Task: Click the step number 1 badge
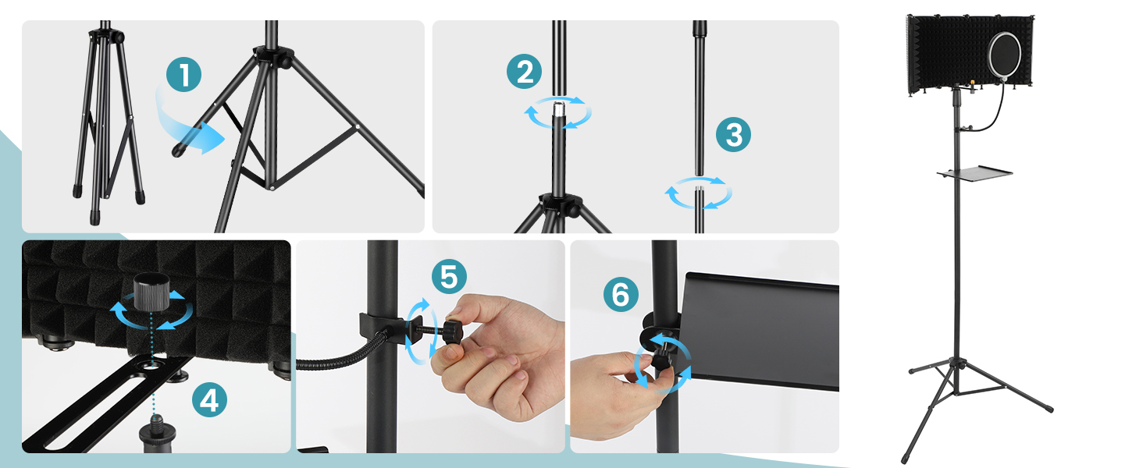(x=183, y=74)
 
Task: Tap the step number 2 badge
(x=524, y=72)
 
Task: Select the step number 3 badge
(x=733, y=135)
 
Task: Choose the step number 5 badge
(x=449, y=277)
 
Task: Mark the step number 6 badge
(x=621, y=295)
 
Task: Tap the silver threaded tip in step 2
(x=559, y=109)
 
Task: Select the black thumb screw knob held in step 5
(x=452, y=331)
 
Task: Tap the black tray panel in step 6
(x=760, y=331)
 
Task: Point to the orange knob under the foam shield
(x=972, y=82)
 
